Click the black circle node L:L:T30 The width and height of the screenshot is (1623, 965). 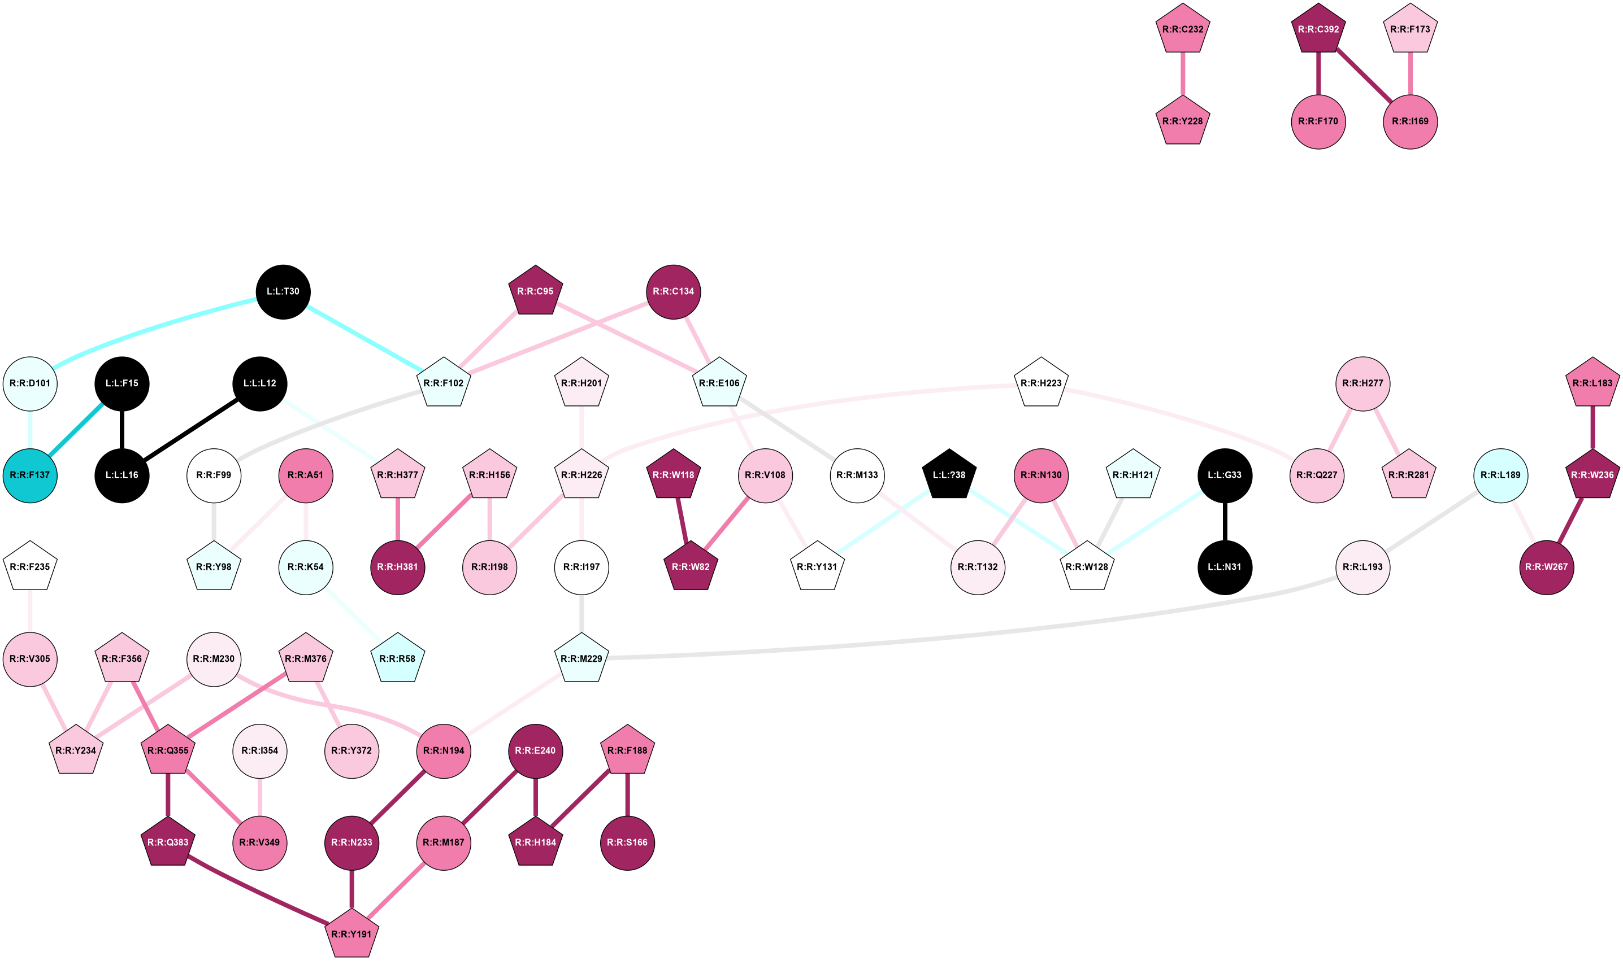(283, 292)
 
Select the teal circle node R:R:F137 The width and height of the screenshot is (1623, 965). (30, 475)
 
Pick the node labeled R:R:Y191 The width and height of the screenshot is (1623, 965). (351, 935)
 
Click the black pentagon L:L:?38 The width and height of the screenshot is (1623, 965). (949, 475)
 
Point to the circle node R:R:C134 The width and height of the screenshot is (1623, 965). (673, 292)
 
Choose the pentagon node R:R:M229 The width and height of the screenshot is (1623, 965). (581, 659)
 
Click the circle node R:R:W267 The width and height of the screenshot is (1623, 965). (1546, 567)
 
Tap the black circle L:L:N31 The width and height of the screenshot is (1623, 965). (1224, 567)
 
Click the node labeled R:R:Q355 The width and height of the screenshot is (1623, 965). (168, 751)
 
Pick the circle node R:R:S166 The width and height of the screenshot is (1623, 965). (627, 842)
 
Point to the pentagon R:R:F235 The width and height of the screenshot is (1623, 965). (30, 567)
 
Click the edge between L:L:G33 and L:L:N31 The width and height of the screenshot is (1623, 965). (1224, 521)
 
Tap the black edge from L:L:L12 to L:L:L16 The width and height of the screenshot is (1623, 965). (190, 429)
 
